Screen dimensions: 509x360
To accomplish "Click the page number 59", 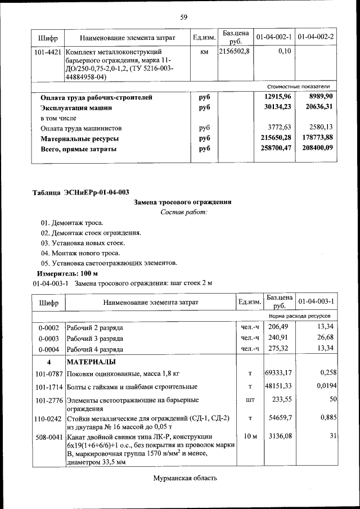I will (183, 17).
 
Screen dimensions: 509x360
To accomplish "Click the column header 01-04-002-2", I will (316, 37).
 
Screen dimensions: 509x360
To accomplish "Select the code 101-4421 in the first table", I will (48, 52).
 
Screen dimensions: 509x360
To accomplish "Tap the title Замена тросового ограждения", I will (183, 202).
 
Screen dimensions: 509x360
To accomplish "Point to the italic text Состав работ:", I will (183, 212).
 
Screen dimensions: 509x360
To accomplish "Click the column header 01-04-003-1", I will (316, 301).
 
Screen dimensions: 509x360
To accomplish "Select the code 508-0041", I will (48, 436).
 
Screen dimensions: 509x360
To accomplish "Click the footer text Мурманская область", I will (184, 479).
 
